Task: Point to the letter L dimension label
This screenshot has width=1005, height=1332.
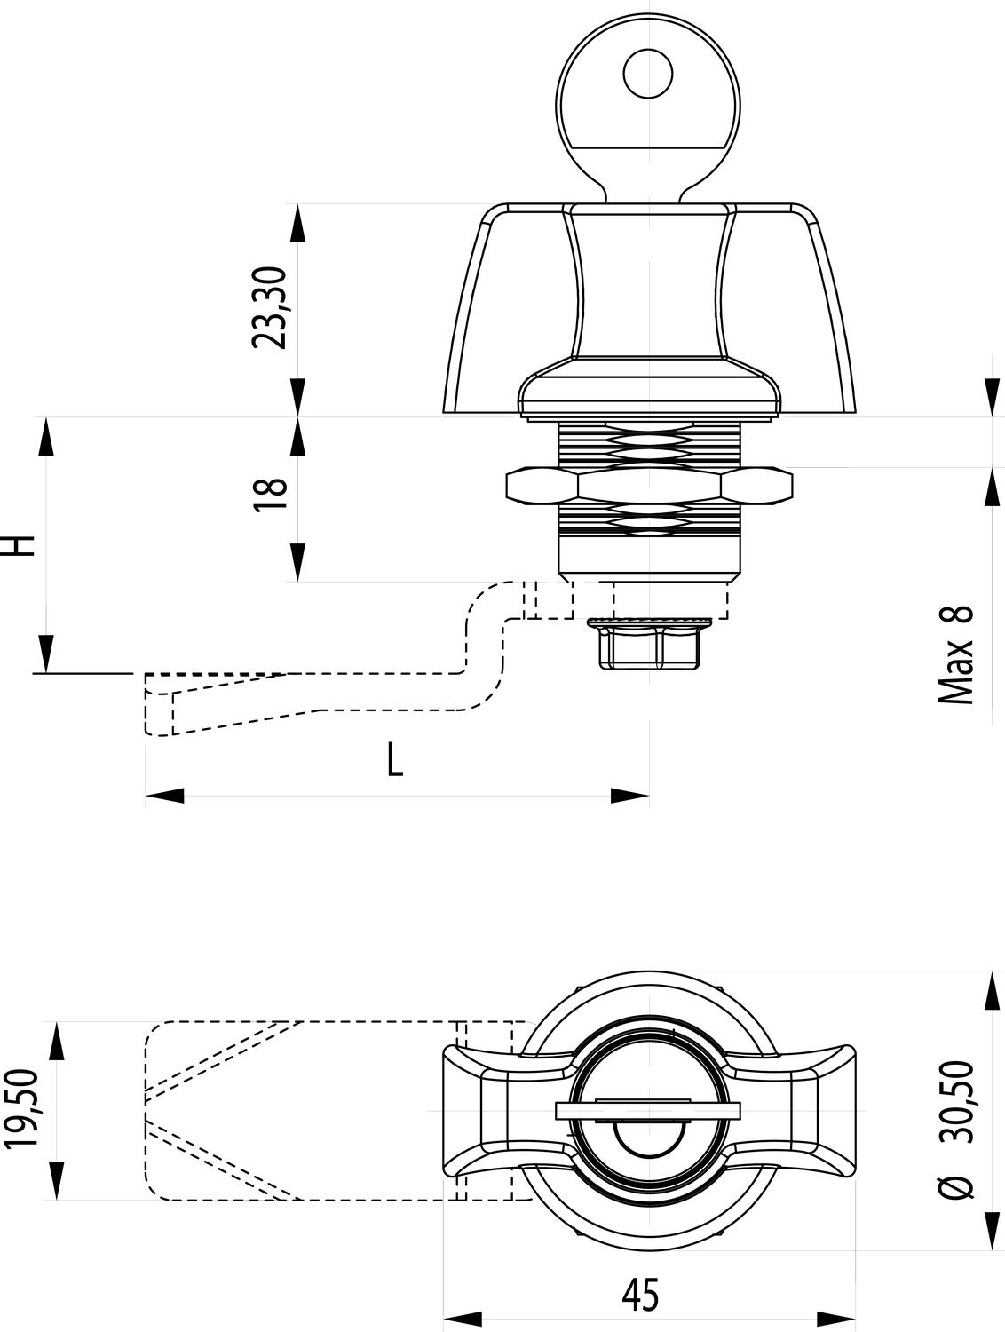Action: tap(395, 760)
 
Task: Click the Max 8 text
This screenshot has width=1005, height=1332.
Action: tap(955, 655)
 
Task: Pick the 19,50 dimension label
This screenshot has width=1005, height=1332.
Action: tap(27, 1109)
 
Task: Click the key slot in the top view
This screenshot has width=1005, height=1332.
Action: tap(648, 1109)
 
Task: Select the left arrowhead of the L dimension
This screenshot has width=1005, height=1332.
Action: tap(165, 796)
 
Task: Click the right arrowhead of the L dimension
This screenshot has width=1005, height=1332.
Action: tap(629, 796)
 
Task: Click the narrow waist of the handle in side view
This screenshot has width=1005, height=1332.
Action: tap(649, 293)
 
